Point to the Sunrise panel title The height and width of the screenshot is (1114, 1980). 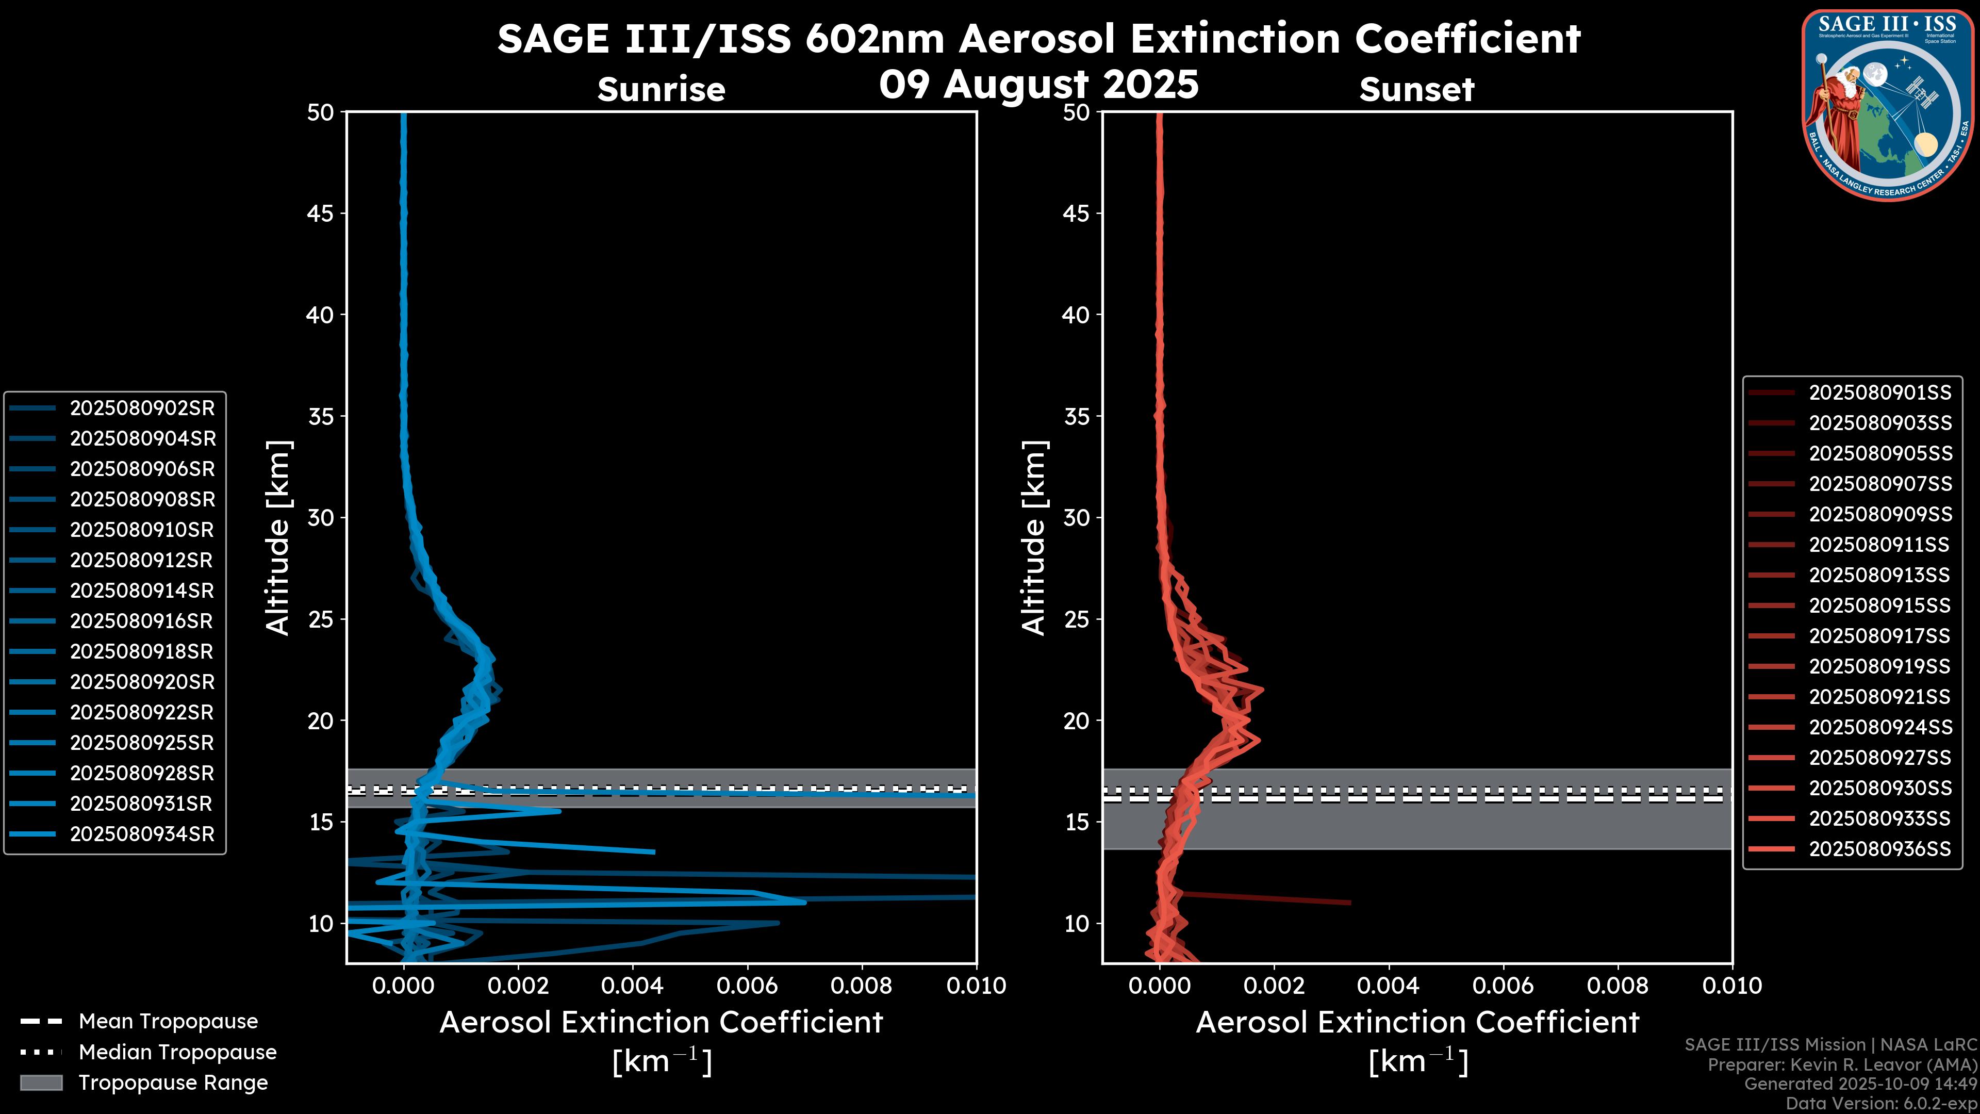661,90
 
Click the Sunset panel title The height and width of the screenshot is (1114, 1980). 1416,90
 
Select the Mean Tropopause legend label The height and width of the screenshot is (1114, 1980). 168,1021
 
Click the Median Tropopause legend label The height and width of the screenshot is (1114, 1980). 177,1052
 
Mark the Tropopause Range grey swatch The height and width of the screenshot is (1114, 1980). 41,1083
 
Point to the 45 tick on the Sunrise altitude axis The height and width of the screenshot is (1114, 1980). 321,214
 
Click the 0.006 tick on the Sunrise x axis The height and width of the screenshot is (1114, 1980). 747,986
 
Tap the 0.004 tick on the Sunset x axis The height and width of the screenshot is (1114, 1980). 1388,986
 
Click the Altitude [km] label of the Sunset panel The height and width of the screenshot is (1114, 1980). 1034,538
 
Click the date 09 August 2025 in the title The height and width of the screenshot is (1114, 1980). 1038,84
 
